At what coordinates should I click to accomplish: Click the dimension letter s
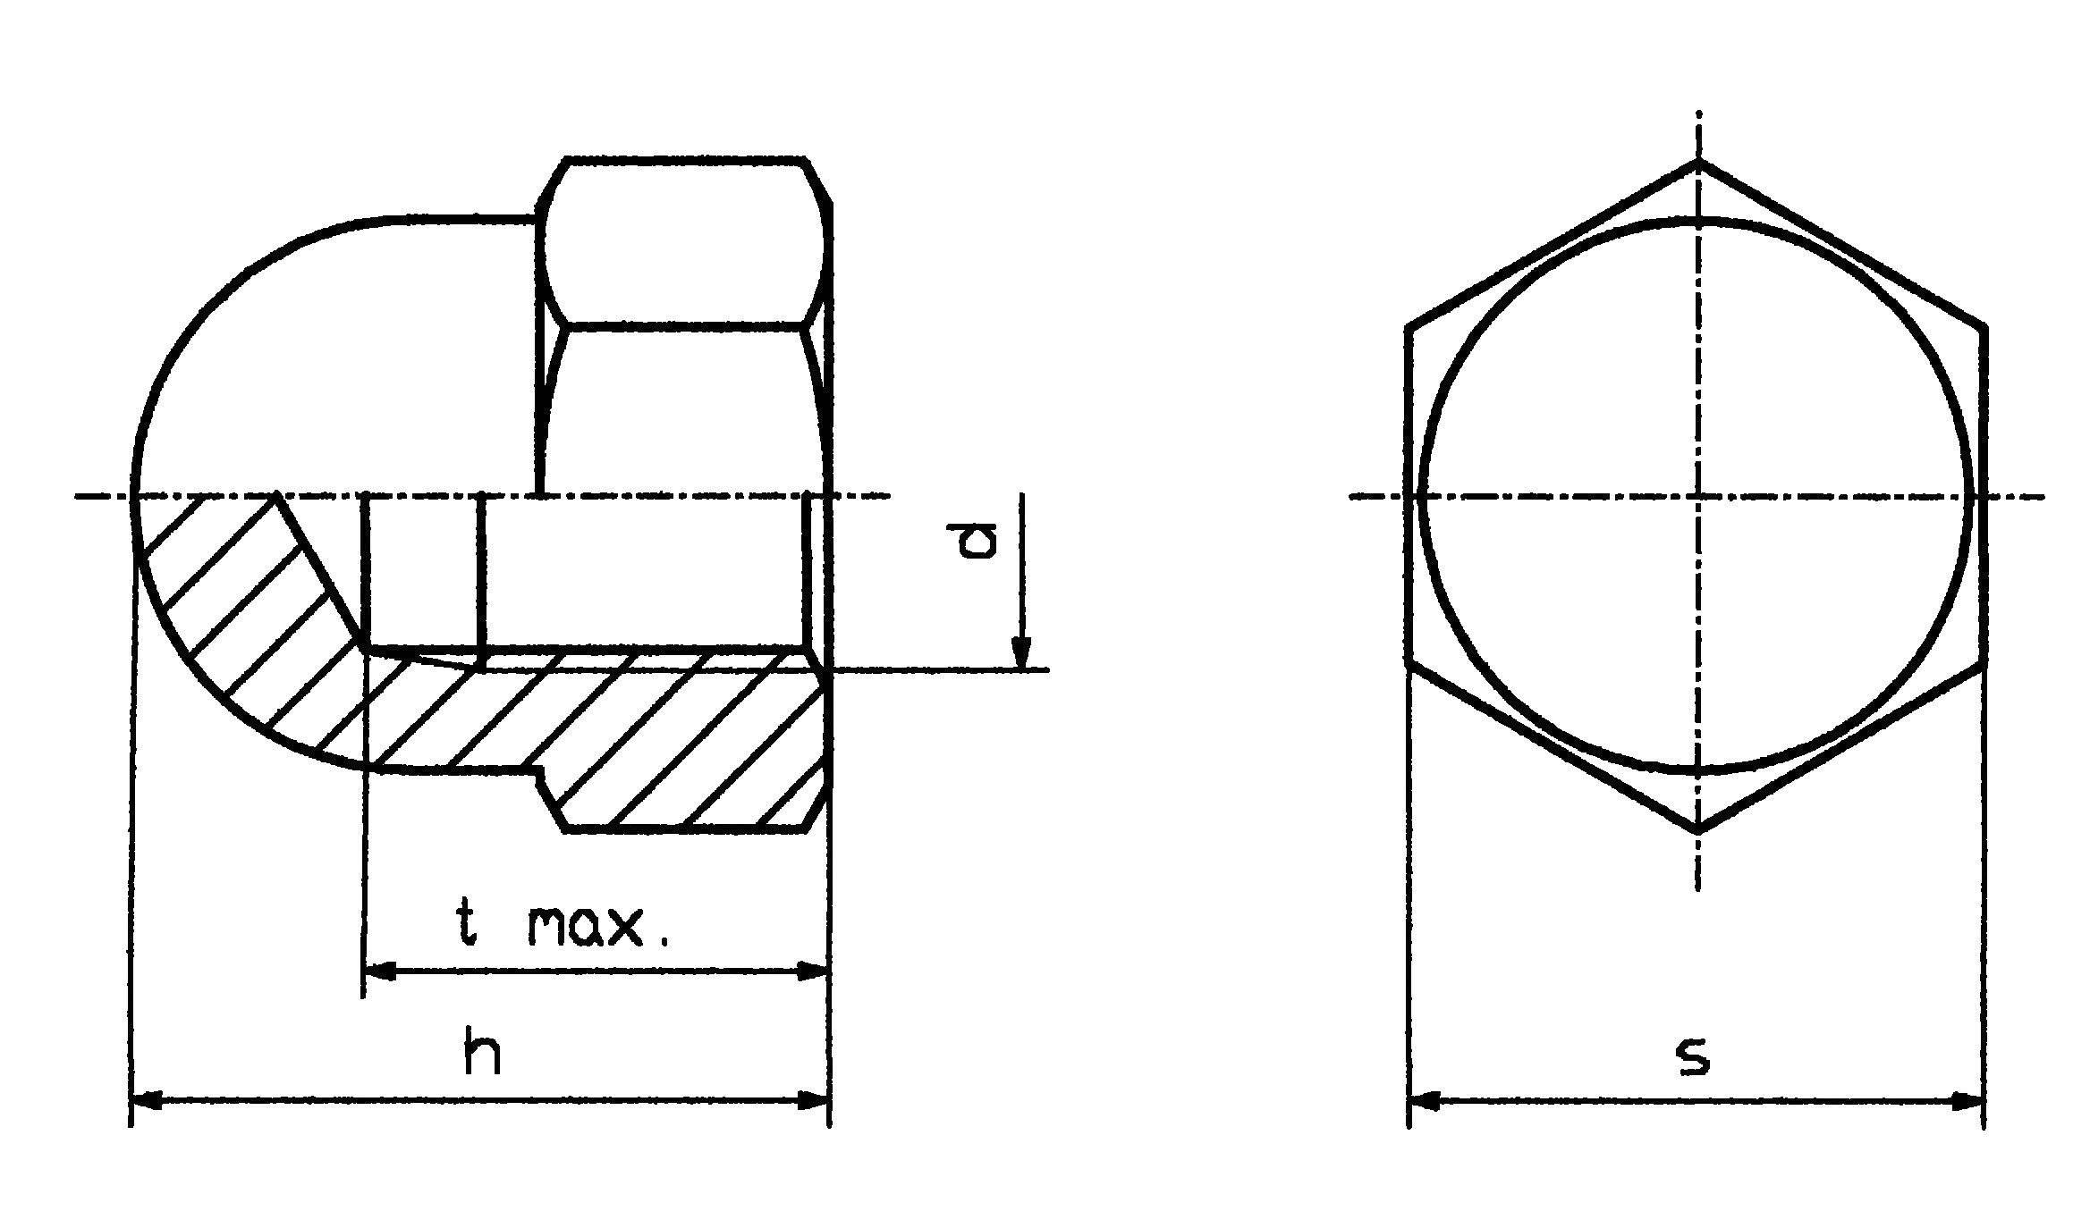pyautogui.click(x=1693, y=1055)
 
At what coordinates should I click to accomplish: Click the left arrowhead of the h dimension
pyautogui.click(x=148, y=1099)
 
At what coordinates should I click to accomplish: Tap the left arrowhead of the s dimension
pyautogui.click(x=1425, y=1101)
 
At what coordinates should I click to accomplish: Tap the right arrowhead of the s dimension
pyautogui.click(x=1968, y=1101)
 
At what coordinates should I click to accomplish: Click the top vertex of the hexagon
pyautogui.click(x=1698, y=162)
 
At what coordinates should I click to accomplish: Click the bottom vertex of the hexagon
pyautogui.click(x=1698, y=832)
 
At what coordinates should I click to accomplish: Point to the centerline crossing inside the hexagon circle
pyautogui.click(x=1698, y=496)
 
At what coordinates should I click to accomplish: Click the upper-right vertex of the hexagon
pyautogui.click(x=1984, y=327)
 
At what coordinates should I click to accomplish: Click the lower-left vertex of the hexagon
pyautogui.click(x=1409, y=664)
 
